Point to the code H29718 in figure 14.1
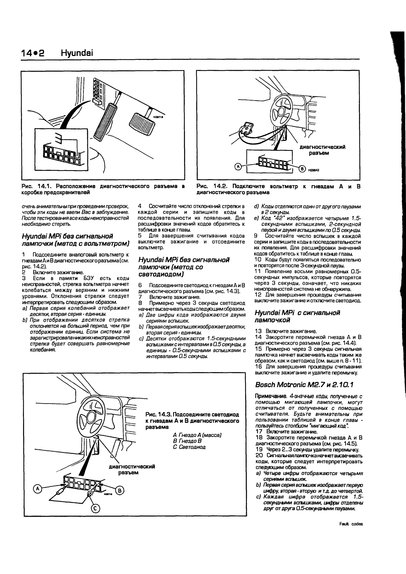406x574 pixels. [158, 117]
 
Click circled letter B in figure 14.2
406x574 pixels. [302, 169]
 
